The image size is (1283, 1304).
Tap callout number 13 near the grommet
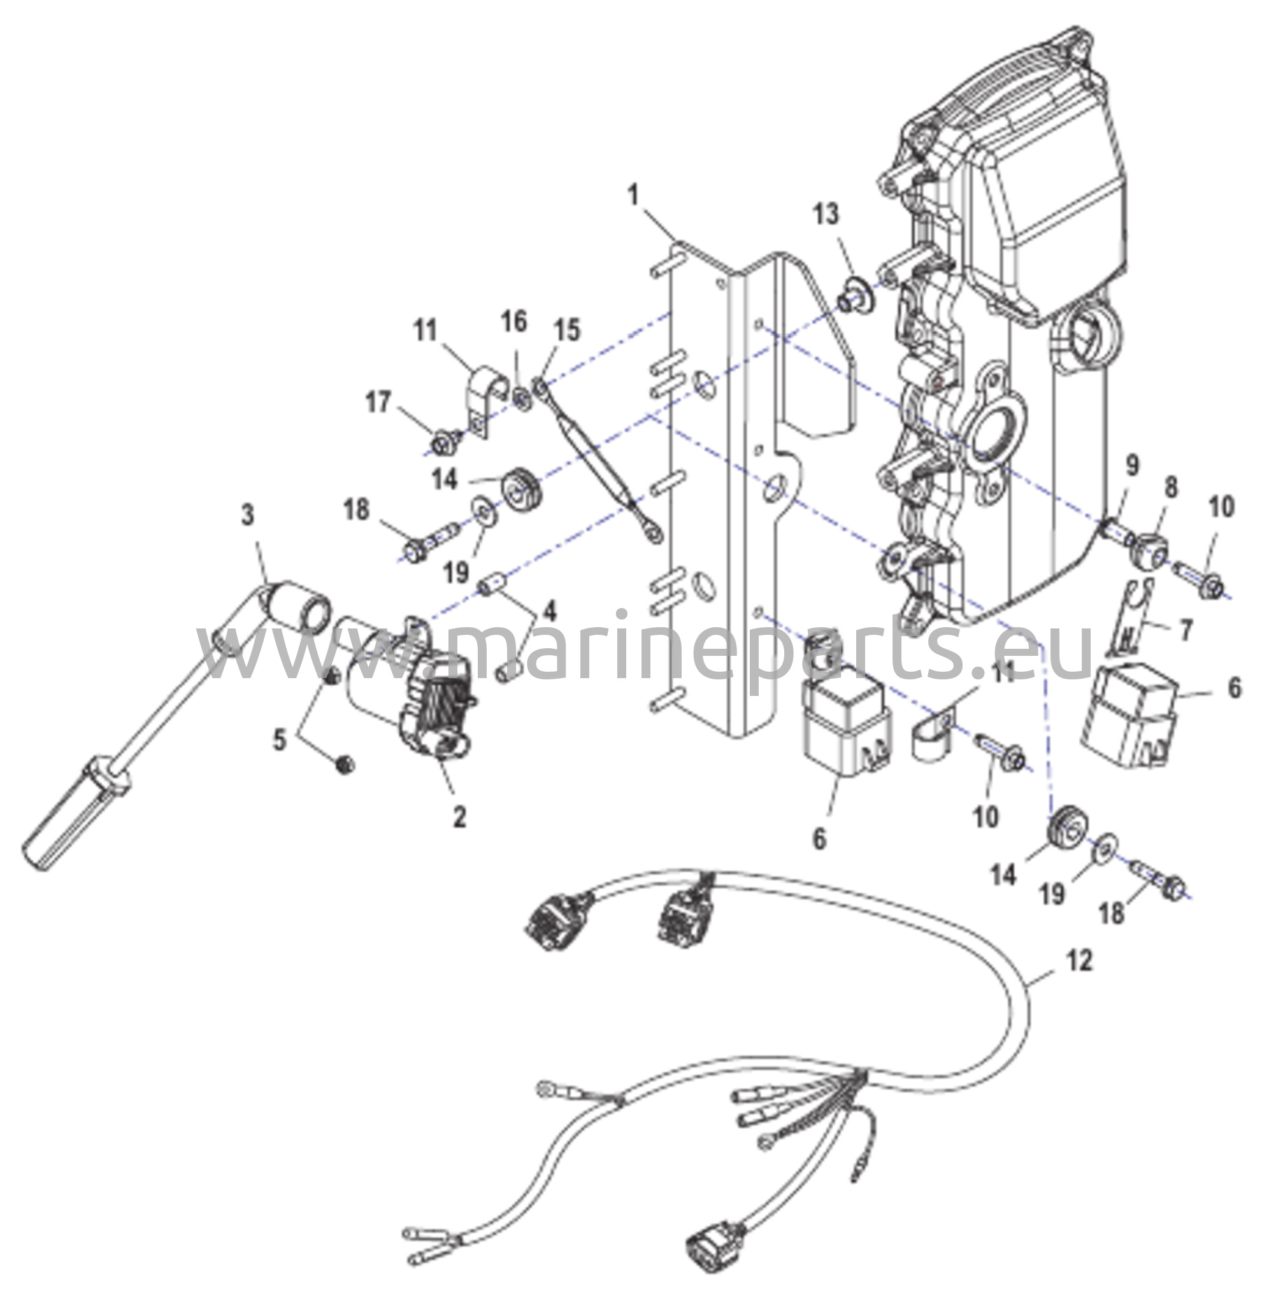pyautogui.click(x=826, y=214)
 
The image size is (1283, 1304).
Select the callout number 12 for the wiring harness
pyautogui.click(x=1080, y=961)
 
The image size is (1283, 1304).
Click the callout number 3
pyautogui.click(x=248, y=515)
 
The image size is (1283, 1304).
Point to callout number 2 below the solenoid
pyautogui.click(x=459, y=817)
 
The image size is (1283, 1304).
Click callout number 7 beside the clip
pyautogui.click(x=1186, y=630)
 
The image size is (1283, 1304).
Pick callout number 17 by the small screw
pyautogui.click(x=378, y=403)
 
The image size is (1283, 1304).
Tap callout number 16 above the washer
pyautogui.click(x=514, y=322)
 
